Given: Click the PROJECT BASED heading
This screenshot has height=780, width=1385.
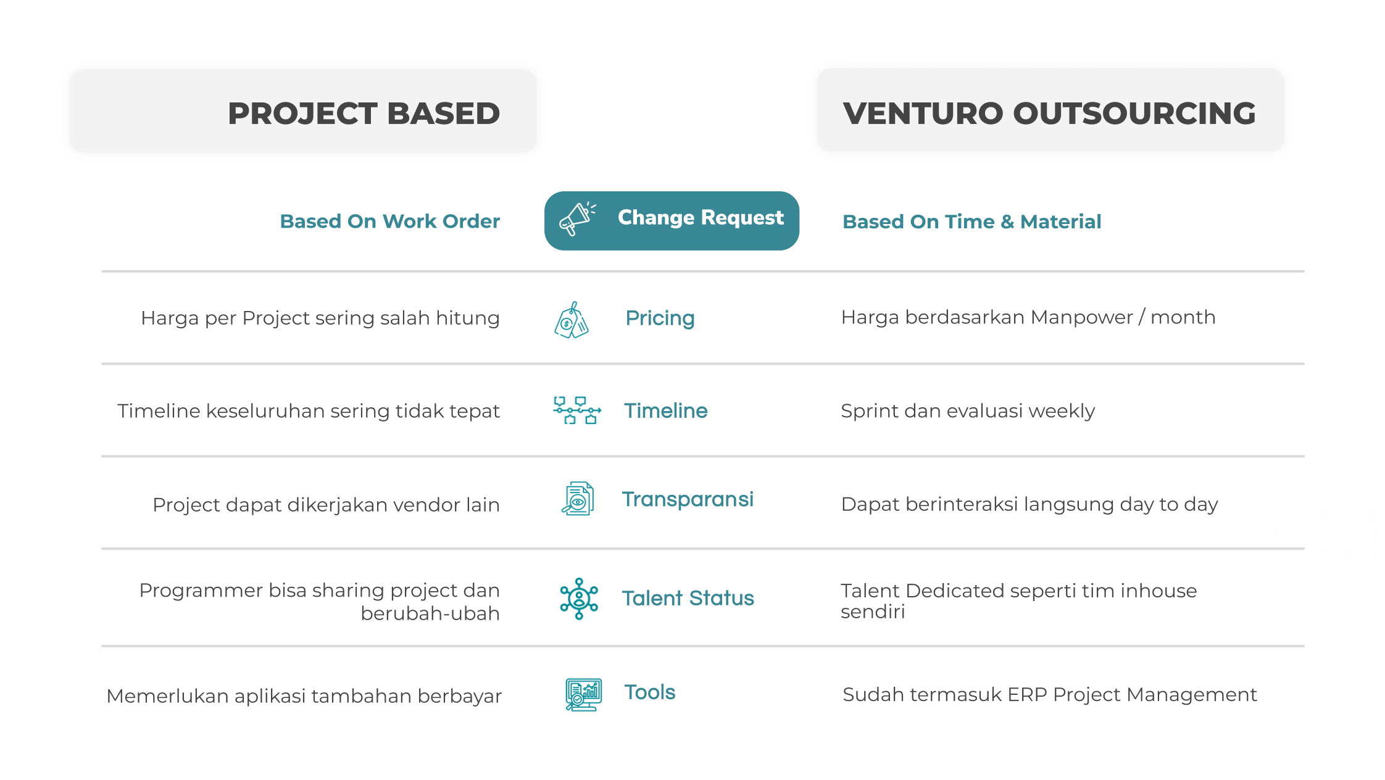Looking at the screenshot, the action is tap(364, 114).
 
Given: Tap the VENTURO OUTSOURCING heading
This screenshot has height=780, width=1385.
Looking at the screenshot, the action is tap(1049, 114).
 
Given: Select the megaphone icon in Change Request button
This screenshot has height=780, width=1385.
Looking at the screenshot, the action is tap(577, 219).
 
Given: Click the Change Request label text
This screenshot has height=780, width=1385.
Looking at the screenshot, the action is tap(701, 218).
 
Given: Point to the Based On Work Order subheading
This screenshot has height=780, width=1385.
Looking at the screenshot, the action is tap(390, 221).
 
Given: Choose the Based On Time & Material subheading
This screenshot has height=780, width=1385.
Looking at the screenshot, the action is tap(972, 222).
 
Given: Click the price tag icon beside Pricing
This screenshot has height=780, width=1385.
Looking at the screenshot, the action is tap(572, 320).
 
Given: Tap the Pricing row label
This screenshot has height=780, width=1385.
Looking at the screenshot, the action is tap(660, 318).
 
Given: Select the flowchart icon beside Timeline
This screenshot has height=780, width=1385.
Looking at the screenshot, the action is tap(577, 410).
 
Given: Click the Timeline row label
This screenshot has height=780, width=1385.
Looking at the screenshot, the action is tap(666, 410).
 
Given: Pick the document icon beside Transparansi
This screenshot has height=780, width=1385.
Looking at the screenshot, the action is tap(578, 499).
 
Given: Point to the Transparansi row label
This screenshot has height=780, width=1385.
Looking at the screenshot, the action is tap(688, 499).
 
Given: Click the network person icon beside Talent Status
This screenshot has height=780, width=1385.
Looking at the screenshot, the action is tap(579, 599).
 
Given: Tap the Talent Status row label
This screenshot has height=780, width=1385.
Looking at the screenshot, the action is tap(688, 598).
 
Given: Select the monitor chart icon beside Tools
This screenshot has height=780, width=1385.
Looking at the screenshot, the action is tap(583, 694).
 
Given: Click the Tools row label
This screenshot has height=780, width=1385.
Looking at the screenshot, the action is tap(650, 692).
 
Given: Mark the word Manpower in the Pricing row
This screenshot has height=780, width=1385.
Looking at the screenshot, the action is tap(1082, 317).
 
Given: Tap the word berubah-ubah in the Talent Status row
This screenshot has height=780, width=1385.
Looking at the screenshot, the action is tap(430, 613).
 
